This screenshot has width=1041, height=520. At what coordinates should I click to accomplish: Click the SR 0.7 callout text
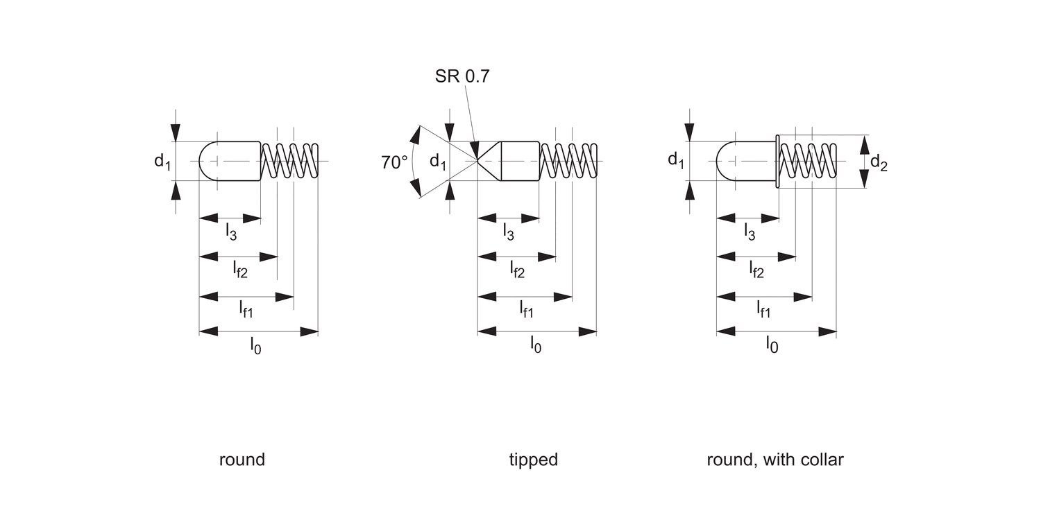pyautogui.click(x=462, y=76)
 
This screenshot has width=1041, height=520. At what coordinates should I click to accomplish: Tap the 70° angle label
pyautogui.click(x=394, y=163)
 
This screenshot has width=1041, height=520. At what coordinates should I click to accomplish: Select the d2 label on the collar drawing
pyautogui.click(x=879, y=163)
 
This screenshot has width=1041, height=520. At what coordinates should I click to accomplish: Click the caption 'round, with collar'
pyautogui.click(x=775, y=460)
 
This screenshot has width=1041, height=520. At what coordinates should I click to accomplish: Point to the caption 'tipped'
pyautogui.click(x=533, y=460)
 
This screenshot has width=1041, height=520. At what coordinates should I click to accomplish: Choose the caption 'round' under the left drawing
pyautogui.click(x=242, y=460)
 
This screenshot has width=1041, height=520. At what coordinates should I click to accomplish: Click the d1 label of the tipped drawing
pyautogui.click(x=437, y=162)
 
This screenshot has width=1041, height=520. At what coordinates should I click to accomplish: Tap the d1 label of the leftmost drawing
pyautogui.click(x=162, y=162)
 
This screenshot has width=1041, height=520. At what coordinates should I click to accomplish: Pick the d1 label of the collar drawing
pyautogui.click(x=675, y=160)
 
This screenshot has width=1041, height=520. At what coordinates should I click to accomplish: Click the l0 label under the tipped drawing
pyautogui.click(x=535, y=345)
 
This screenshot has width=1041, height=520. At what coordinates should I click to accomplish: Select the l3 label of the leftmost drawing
pyautogui.click(x=230, y=232)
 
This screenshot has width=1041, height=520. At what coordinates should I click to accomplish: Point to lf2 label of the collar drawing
pyautogui.click(x=756, y=270)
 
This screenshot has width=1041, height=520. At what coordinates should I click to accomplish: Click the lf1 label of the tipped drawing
pyautogui.click(x=527, y=309)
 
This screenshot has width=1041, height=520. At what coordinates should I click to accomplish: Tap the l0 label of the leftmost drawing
pyautogui.click(x=255, y=345)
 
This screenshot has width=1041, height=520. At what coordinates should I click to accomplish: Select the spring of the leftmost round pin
pyautogui.click(x=289, y=161)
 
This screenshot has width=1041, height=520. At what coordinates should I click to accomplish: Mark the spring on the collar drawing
pyautogui.click(x=807, y=161)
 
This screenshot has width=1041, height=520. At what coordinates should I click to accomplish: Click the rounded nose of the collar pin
pyautogui.click(x=723, y=161)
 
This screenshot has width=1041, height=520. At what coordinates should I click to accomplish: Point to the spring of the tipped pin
pyautogui.click(x=568, y=161)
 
